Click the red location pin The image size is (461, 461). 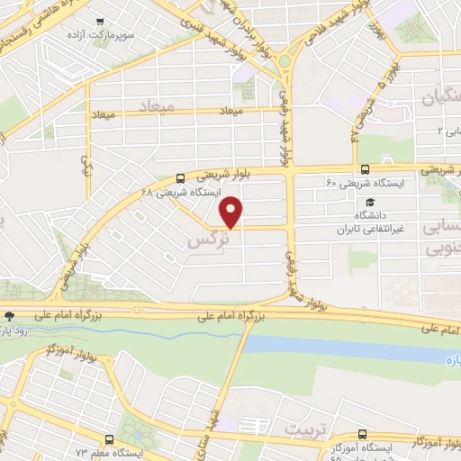(x=232, y=212)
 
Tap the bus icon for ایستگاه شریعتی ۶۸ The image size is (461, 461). (x=181, y=177)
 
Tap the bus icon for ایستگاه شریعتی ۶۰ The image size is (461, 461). (x=364, y=168)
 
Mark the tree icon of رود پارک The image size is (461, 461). (x=9, y=316)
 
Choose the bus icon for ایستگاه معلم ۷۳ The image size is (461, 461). (x=109, y=439)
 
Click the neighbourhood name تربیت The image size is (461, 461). (x=303, y=427)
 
